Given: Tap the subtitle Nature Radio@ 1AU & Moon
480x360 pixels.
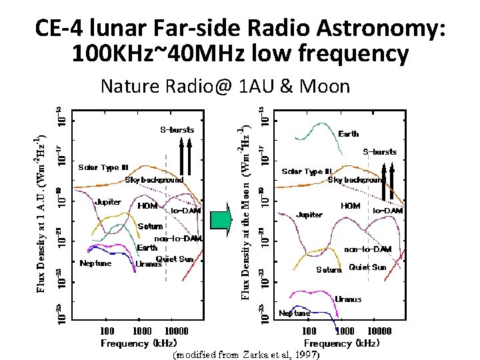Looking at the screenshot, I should (x=225, y=86).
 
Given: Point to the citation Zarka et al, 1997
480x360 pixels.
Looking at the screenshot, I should (x=247, y=355).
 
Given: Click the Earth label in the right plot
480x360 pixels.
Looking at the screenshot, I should (x=348, y=133).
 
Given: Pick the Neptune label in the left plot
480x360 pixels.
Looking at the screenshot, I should (x=95, y=263).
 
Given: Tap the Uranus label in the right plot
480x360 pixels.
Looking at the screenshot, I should (x=348, y=299).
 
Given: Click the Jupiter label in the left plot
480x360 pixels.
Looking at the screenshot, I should (x=107, y=201).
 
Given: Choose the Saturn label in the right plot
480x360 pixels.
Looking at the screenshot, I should (x=329, y=270).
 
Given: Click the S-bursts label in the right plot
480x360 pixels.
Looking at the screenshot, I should (x=379, y=152).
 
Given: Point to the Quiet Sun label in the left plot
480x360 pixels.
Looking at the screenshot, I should (x=175, y=259).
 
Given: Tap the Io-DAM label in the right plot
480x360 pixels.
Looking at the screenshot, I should (x=387, y=211).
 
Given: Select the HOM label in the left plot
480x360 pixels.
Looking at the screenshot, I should (x=147, y=207).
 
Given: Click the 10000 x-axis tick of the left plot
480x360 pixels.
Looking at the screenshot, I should (x=176, y=331).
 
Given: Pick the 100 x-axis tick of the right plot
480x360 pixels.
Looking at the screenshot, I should (x=310, y=331).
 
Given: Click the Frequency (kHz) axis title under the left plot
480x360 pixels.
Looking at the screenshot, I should (x=139, y=343).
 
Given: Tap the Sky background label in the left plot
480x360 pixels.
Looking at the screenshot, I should (x=154, y=180).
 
